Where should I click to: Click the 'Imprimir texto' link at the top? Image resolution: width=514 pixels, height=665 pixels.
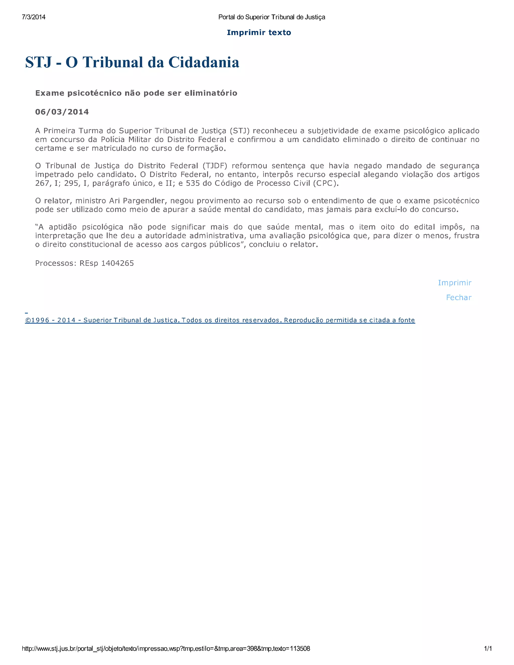click(x=259, y=33)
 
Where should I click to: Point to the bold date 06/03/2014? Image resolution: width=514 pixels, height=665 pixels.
click(x=62, y=112)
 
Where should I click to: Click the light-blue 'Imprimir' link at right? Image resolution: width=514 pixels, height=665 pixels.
click(x=454, y=283)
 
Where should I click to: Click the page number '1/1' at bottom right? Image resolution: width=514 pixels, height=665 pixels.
click(x=488, y=648)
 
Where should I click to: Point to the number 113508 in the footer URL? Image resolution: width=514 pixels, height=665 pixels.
click(x=300, y=648)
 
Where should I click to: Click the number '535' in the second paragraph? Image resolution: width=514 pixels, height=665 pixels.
click(x=193, y=183)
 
